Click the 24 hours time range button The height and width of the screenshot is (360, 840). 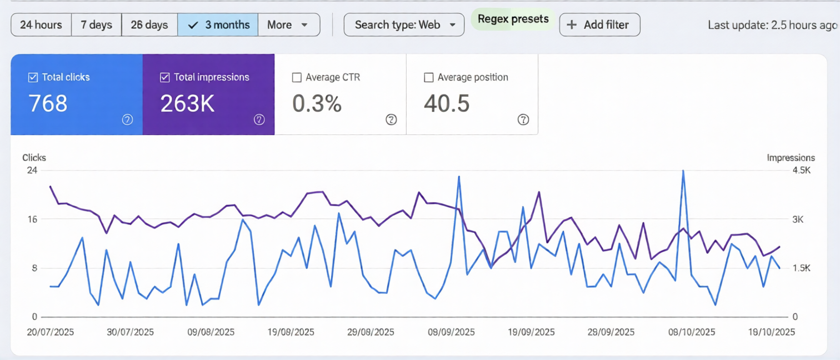click(41, 25)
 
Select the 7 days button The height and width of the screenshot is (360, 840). click(96, 25)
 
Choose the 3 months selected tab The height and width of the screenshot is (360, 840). click(218, 25)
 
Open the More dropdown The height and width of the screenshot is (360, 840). click(288, 25)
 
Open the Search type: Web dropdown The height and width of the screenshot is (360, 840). click(404, 25)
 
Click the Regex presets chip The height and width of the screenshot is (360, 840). click(513, 19)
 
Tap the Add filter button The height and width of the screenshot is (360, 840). click(599, 25)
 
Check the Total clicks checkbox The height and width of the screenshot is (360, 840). click(33, 78)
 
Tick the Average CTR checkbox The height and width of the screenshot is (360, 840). click(297, 78)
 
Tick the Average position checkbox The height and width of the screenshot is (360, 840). click(428, 78)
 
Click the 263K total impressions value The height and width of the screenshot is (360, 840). click(187, 104)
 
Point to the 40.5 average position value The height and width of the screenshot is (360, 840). click(447, 104)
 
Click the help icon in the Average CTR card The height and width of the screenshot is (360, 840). click(391, 119)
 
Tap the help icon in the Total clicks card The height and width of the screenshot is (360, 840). click(127, 119)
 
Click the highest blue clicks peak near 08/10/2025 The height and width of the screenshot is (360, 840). click(683, 171)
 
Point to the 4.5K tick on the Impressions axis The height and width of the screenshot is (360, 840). click(801, 171)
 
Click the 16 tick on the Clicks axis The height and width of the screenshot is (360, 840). click(32, 219)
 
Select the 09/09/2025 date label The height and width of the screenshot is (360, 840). click(451, 332)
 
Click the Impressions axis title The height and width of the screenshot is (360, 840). click(791, 158)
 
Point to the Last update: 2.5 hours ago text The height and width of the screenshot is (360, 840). click(772, 25)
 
